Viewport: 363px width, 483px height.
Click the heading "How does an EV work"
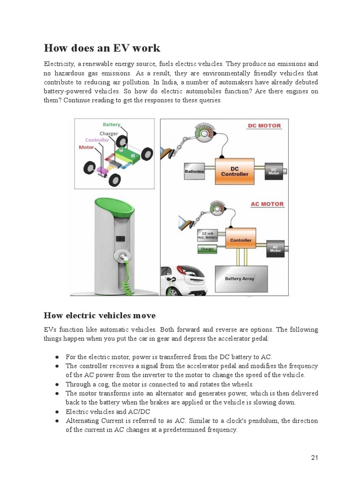(102, 48)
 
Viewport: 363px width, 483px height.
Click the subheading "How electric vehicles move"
(100, 315)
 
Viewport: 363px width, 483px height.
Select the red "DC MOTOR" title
(264, 126)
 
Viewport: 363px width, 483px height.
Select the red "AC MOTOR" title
(267, 204)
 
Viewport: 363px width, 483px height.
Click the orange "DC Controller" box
(235, 170)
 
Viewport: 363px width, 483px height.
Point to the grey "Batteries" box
(194, 171)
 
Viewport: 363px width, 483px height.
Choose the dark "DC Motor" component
(275, 170)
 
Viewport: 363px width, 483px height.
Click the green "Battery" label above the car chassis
(112, 125)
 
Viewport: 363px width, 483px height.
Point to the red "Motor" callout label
(86, 147)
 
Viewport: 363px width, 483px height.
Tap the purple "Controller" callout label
(97, 140)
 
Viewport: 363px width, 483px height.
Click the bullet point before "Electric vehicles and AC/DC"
(57, 411)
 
